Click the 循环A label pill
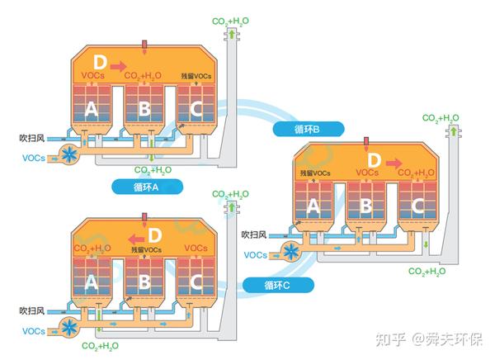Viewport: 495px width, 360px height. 145,187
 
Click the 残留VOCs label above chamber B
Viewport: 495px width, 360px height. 144,249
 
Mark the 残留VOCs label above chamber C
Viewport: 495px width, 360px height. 196,76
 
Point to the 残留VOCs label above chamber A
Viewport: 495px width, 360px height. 315,173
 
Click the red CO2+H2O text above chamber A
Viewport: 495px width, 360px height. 91,249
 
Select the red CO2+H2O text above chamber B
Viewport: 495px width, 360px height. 142,76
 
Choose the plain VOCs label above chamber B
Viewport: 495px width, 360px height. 366,173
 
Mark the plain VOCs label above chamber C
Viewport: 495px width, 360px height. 196,249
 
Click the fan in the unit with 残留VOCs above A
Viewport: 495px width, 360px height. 290,253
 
